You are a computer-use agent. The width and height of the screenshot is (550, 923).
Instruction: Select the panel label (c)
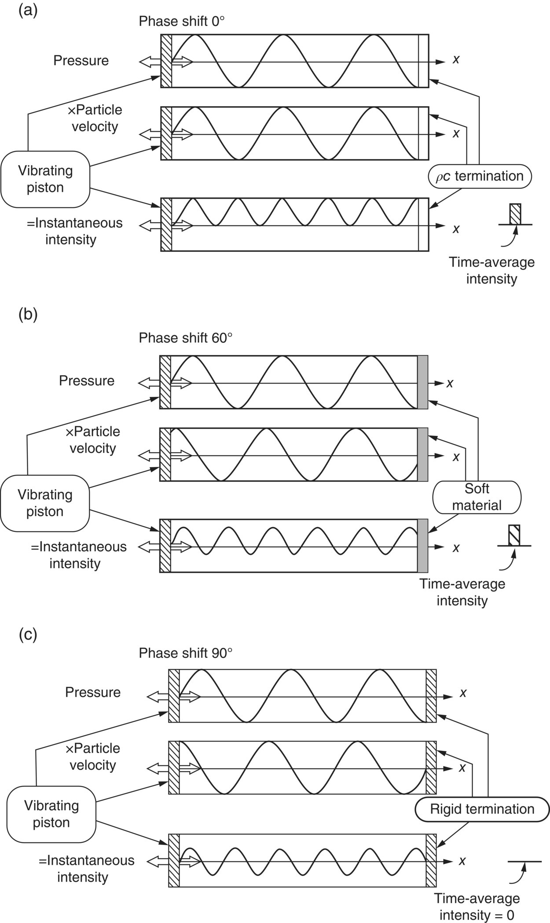[28, 634]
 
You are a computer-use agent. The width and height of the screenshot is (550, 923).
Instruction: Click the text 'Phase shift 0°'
[182, 21]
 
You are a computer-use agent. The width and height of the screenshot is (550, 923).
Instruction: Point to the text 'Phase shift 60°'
[185, 338]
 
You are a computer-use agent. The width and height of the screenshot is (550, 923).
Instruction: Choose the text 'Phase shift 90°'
[185, 653]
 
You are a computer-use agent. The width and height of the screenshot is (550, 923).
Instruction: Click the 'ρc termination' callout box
[479, 177]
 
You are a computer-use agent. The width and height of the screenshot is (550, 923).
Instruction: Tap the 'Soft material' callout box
[477, 497]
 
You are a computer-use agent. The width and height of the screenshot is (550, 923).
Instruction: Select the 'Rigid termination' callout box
[482, 809]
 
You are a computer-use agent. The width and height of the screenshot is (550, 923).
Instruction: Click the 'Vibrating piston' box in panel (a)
[45, 179]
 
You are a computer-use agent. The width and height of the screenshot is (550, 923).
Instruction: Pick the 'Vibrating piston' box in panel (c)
[51, 814]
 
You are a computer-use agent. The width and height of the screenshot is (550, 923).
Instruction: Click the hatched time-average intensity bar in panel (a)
[515, 214]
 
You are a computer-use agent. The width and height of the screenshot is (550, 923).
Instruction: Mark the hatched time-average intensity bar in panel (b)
[514, 535]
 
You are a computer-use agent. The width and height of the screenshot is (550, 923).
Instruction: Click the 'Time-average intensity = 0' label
[477, 907]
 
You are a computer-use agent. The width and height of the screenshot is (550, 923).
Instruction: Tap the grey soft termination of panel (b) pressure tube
[422, 382]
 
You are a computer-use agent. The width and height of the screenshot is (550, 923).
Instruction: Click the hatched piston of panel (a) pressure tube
[166, 61]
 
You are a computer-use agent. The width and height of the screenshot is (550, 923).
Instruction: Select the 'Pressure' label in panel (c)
[93, 692]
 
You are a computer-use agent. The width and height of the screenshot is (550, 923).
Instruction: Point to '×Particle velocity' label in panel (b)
[93, 439]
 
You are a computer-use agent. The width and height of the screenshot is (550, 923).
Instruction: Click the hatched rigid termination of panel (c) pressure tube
[431, 696]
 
